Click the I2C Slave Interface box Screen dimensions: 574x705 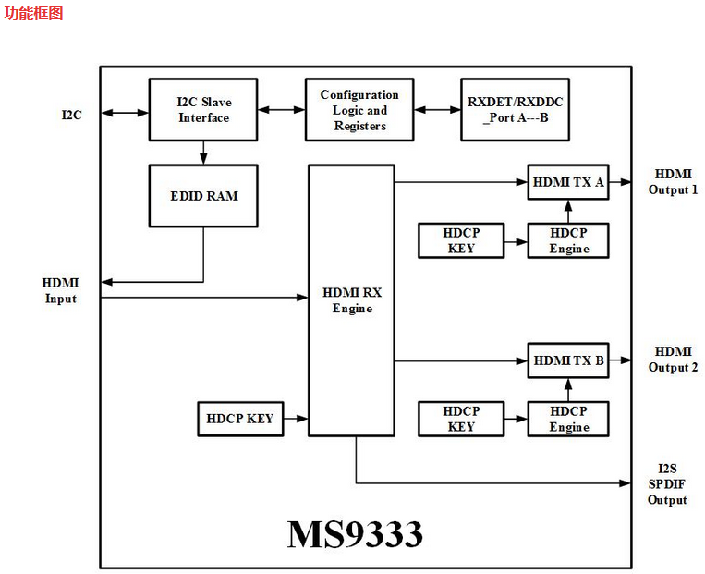(203, 109)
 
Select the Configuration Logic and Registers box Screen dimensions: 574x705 (359, 109)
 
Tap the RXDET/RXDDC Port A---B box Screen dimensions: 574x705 (514, 109)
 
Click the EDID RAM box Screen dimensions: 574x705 (203, 195)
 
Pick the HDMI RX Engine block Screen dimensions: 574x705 (352, 299)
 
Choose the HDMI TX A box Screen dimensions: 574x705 (568, 182)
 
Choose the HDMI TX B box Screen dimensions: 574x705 (568, 360)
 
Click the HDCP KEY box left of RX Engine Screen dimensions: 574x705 (241, 419)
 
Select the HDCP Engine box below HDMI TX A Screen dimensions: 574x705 (568, 239)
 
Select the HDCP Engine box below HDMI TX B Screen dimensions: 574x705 (568, 419)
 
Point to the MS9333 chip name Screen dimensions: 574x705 (355, 534)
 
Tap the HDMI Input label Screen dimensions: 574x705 (61, 290)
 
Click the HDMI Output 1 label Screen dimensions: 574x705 (673, 182)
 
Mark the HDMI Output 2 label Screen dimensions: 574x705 (673, 360)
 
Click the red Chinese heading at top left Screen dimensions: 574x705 (33, 13)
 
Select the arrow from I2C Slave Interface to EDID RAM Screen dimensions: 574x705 (203, 153)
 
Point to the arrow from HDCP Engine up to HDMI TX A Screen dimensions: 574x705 (568, 211)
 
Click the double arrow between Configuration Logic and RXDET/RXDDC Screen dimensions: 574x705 (437, 109)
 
